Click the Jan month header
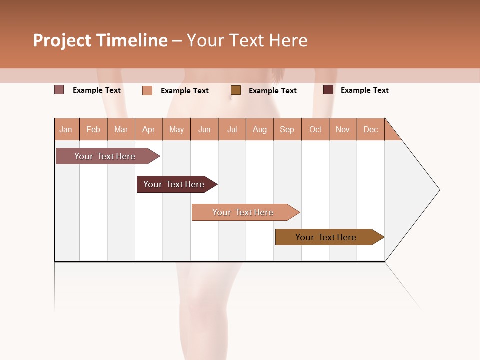point(66,129)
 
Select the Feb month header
point(93,129)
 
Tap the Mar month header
point(121,129)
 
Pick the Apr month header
point(149,129)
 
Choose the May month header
point(176,129)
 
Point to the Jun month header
point(204,129)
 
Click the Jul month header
point(232,129)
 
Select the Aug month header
point(260,129)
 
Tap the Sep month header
point(287,129)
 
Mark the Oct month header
point(315,129)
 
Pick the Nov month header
point(343,129)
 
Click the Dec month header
point(370,129)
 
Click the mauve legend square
point(59,90)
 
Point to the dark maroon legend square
point(328,90)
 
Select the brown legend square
point(236,90)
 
